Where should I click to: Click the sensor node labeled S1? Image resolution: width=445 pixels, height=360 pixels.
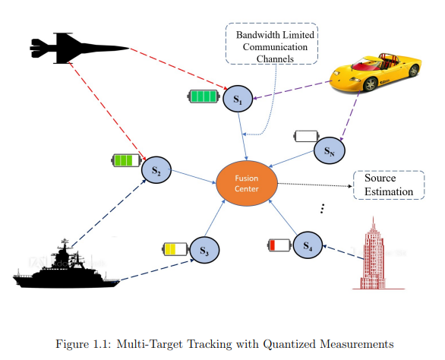(x=238, y=99)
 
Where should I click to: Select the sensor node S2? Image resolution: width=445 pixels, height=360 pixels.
(x=156, y=170)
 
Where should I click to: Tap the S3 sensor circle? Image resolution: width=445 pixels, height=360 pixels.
(x=204, y=250)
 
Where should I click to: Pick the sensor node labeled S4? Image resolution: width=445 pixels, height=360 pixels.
(x=308, y=245)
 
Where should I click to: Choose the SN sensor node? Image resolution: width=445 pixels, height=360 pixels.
(x=330, y=150)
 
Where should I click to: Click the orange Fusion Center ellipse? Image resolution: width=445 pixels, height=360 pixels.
(x=247, y=183)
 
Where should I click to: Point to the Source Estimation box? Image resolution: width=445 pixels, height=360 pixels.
(x=389, y=185)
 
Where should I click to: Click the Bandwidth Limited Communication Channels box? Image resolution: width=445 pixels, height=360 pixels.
(x=272, y=44)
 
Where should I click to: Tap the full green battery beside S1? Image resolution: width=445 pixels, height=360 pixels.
(x=204, y=96)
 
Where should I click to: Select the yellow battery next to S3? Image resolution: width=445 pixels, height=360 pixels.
(x=175, y=249)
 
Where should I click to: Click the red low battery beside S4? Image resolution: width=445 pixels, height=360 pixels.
(x=279, y=245)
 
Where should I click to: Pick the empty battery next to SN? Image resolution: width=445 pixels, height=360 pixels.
(x=306, y=136)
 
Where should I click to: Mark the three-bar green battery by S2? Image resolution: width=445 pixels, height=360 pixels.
(x=126, y=161)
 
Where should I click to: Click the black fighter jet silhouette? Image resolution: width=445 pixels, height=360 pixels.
(x=79, y=49)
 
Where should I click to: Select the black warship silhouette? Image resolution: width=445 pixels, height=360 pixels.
(x=67, y=268)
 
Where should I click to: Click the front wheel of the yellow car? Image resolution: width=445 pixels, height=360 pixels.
(x=370, y=84)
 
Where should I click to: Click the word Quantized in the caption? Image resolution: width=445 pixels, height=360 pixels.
(x=289, y=344)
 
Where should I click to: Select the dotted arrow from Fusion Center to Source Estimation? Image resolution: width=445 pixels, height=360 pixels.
(x=315, y=185)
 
